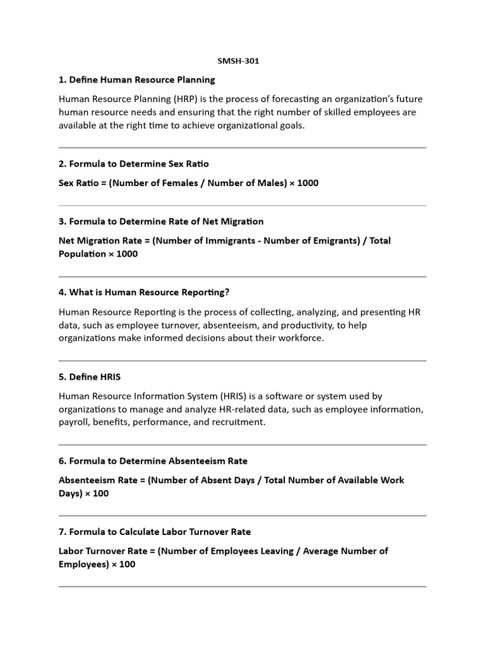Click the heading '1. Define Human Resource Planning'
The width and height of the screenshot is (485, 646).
(137, 79)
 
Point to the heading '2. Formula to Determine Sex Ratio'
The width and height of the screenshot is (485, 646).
(134, 163)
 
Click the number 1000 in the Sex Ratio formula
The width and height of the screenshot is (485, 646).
(308, 183)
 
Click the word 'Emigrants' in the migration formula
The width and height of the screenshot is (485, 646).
(336, 240)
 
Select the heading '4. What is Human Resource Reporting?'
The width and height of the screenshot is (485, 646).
(143, 292)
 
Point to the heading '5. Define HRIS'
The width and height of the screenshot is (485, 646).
(90, 377)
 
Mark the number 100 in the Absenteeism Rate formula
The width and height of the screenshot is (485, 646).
(100, 493)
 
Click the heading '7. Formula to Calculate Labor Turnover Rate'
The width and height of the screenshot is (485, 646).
(155, 531)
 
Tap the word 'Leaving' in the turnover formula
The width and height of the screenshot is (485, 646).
(279, 551)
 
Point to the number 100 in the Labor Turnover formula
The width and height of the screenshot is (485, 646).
(127, 564)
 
